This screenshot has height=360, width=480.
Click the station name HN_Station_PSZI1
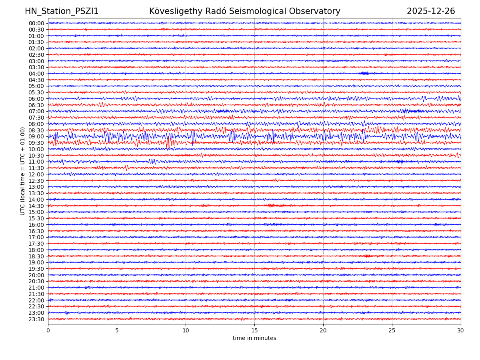coord(62,11)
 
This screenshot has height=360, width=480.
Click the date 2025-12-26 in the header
coord(431,11)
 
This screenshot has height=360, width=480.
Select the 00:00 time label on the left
coord(36,23)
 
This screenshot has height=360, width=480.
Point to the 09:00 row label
coord(36,136)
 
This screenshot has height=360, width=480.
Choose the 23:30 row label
coord(36,319)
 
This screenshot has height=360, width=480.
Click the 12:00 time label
coord(36,174)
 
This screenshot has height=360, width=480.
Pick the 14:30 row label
coord(36,206)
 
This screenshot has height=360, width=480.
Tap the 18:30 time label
coord(36,256)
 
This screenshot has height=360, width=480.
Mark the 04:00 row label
coord(36,74)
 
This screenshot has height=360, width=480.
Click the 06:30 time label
coord(36,105)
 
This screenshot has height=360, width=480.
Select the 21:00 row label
coord(36,288)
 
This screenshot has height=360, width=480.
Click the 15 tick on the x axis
coord(254,331)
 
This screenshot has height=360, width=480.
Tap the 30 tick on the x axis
coord(461,331)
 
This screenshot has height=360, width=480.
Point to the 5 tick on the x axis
coord(117,331)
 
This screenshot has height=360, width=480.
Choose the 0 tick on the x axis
coord(48,331)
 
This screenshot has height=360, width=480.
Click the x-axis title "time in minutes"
coord(254,338)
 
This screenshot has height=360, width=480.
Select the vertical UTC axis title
coord(23,171)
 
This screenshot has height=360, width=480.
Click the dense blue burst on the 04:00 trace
coord(364,73)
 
